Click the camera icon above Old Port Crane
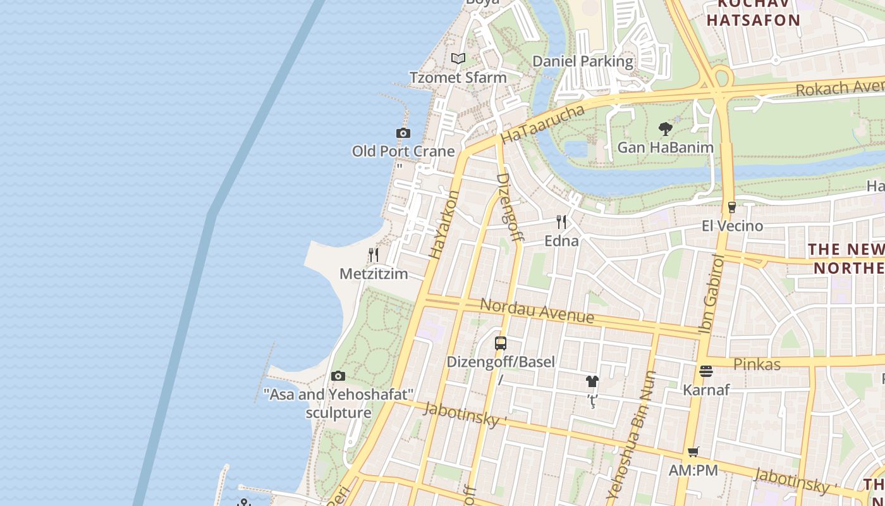click(x=403, y=133)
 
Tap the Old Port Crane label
click(x=403, y=151)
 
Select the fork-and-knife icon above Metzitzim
click(x=374, y=255)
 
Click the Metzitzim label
click(x=374, y=274)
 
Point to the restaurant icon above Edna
click(x=561, y=221)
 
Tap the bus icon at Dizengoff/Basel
click(x=501, y=343)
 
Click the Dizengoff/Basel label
click(x=501, y=362)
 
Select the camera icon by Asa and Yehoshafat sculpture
click(x=338, y=376)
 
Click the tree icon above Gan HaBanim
click(x=665, y=129)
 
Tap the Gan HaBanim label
click(x=665, y=147)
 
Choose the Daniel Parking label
click(x=582, y=61)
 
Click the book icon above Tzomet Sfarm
click(x=458, y=59)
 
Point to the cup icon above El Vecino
click(x=732, y=207)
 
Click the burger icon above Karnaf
click(x=706, y=371)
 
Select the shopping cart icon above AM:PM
click(x=693, y=452)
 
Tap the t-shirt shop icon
click(x=592, y=381)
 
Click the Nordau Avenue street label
click(x=537, y=311)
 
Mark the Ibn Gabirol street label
click(x=711, y=293)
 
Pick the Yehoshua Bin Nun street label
click(x=632, y=436)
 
